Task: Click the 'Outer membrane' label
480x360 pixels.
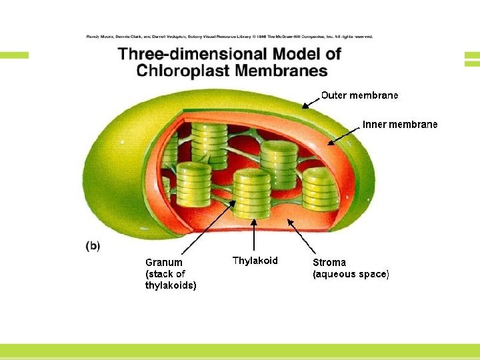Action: (359, 95)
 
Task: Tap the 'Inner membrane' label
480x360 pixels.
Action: (400, 125)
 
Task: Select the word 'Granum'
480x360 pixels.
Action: (164, 262)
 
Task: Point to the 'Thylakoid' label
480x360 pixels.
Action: (255, 261)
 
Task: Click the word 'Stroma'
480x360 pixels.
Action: (329, 262)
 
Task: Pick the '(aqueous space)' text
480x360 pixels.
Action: (351, 274)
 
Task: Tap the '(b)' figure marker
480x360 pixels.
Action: (93, 245)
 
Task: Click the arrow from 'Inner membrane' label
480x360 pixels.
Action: (344, 133)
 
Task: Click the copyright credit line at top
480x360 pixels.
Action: (230, 37)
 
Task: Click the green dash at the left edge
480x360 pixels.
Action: (14, 55)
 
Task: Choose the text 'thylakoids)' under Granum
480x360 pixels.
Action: (171, 286)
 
